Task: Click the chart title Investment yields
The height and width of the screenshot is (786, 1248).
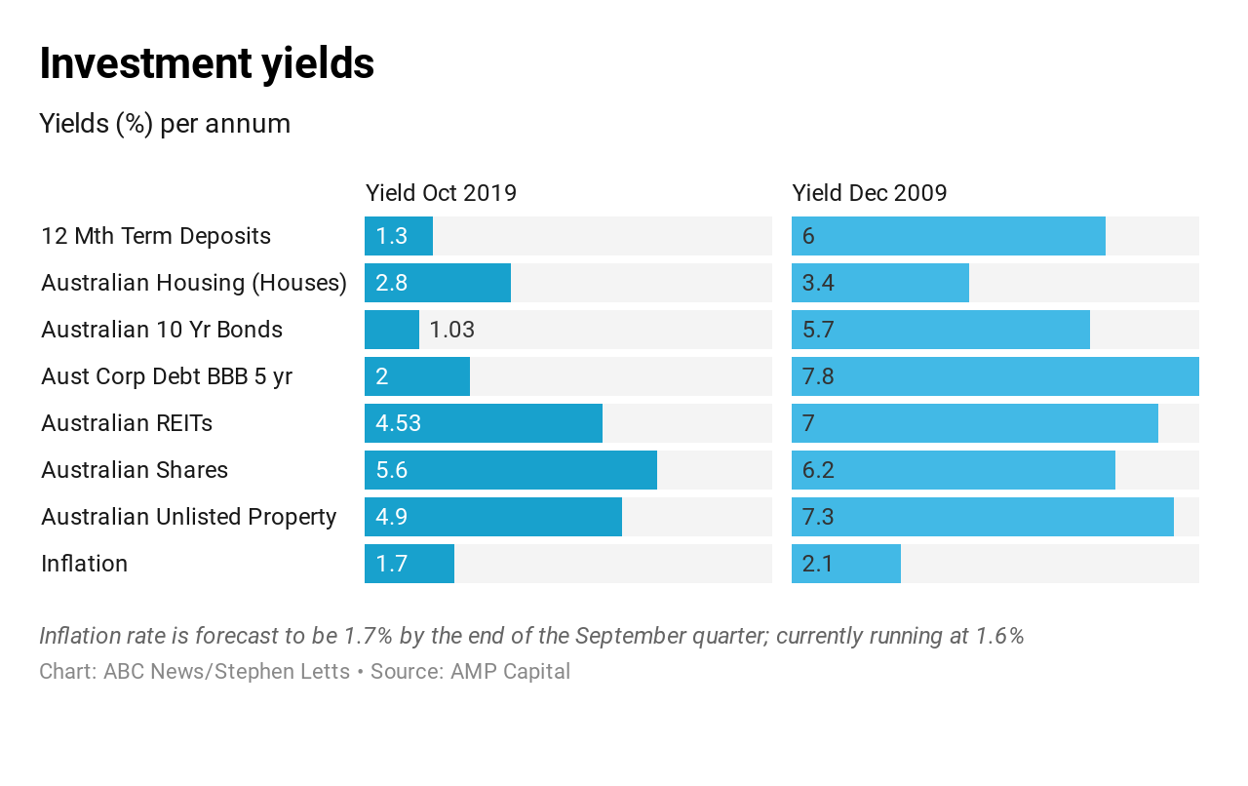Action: pos(207,64)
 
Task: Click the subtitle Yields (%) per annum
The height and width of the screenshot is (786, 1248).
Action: pos(165,124)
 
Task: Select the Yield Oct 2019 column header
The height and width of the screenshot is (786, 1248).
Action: pos(441,193)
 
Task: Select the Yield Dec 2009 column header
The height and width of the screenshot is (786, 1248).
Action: pos(869,193)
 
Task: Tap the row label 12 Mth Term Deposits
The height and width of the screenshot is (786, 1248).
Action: pos(156,236)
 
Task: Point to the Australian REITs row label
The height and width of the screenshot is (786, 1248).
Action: pos(127,423)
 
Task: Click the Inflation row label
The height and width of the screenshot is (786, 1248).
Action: pos(84,564)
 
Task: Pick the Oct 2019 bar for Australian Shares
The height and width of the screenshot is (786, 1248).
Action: pos(510,470)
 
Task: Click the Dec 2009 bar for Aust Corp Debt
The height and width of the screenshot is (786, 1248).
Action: pos(994,376)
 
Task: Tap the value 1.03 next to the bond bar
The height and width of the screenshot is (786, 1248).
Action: pos(451,330)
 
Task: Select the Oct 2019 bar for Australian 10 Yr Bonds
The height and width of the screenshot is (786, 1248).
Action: pos(391,330)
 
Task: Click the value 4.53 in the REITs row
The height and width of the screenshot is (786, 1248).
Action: pos(398,423)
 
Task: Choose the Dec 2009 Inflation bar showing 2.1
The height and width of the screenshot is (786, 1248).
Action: pos(845,564)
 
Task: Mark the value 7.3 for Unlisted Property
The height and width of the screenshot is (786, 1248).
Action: pos(817,517)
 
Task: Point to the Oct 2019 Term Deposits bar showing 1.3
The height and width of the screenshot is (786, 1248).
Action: pos(398,236)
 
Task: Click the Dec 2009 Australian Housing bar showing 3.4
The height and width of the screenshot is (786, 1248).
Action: pos(879,283)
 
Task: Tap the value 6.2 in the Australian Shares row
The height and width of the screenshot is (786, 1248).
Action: pos(817,470)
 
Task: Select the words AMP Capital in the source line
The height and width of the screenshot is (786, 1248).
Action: pos(510,672)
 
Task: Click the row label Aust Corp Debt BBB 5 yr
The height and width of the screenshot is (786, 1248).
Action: pos(167,376)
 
